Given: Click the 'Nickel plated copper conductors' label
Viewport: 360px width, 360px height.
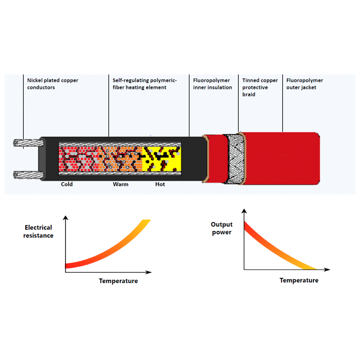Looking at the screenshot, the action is pyautogui.click(x=53, y=84).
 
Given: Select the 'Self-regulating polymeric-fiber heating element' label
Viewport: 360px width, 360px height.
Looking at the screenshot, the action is pyautogui.click(x=145, y=84).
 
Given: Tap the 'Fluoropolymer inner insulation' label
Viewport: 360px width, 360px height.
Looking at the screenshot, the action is pyautogui.click(x=212, y=84).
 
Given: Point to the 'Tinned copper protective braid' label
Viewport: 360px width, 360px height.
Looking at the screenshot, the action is pyautogui.click(x=260, y=87).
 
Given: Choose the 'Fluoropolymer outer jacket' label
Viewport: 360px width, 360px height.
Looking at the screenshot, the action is pyautogui.click(x=305, y=84).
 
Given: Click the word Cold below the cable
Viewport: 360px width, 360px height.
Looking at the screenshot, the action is pyautogui.click(x=67, y=184).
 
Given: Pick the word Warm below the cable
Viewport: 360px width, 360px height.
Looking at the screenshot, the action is pyautogui.click(x=121, y=184).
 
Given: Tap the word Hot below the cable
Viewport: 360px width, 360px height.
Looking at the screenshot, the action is pyautogui.click(x=160, y=184).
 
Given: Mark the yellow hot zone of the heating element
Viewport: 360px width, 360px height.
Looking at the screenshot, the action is pyautogui.click(x=162, y=159).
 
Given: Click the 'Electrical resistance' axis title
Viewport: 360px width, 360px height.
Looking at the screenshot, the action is pyautogui.click(x=39, y=231).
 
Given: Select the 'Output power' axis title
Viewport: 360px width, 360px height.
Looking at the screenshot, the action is pyautogui.click(x=221, y=228).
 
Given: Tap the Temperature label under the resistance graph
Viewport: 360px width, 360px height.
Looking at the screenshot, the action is pyautogui.click(x=118, y=281).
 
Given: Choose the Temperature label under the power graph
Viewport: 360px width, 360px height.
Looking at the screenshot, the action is pyautogui.click(x=299, y=280).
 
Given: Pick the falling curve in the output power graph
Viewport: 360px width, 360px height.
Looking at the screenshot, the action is pyautogui.click(x=275, y=249).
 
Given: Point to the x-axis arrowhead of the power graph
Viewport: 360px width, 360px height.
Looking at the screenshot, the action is pyautogui.click(x=327, y=270).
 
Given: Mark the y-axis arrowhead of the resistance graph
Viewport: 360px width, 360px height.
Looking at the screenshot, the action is pyautogui.click(x=66, y=218).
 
